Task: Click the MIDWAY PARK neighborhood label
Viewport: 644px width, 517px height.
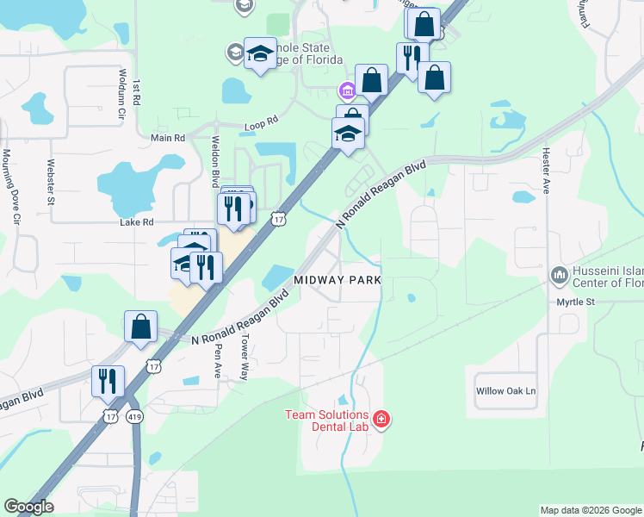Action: pos(337,281)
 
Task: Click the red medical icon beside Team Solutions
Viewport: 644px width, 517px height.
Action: pos(381,420)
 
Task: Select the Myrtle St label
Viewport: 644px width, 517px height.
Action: pos(575,302)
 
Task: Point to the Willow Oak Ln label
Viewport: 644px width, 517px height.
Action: pos(505,391)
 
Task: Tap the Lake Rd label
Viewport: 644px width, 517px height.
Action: pos(136,221)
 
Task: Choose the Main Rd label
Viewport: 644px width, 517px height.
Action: pos(167,138)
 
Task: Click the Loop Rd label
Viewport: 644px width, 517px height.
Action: pos(261,121)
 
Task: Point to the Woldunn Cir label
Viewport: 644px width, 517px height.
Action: pos(123,93)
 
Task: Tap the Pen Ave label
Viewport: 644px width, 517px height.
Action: pos(219,359)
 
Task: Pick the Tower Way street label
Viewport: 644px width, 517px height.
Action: pos(245,358)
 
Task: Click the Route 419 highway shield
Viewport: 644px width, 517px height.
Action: pos(135,416)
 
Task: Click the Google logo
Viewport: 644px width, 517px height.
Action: pos(28,507)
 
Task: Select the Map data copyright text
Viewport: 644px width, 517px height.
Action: pos(591,510)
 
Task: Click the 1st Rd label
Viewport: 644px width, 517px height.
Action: pos(137,92)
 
